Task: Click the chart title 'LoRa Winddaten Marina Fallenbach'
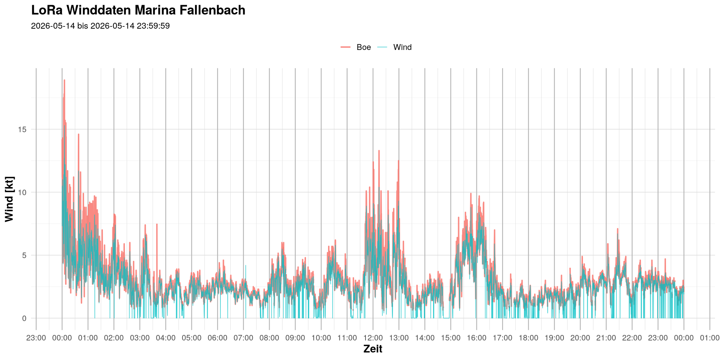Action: coord(138,10)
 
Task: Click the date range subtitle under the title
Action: coord(100,26)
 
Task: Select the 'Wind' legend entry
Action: coord(395,47)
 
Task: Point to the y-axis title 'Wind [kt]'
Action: coord(9,199)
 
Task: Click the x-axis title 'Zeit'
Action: coord(373,349)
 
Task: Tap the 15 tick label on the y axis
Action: coord(22,129)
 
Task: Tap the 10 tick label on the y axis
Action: coord(22,192)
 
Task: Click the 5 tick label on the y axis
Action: coord(24,255)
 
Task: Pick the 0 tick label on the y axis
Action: coord(24,318)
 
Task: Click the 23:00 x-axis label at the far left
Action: coord(36,338)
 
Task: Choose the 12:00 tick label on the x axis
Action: coord(373,338)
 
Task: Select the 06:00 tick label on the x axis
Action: coord(217,338)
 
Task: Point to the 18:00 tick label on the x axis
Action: coord(529,338)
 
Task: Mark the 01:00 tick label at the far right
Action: coord(710,338)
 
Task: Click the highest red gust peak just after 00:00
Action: coord(64,80)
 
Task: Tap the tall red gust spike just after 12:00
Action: coord(379,151)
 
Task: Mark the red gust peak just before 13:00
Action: coord(398,161)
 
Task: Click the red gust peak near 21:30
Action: coord(618,228)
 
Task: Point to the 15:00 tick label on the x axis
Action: coord(451,338)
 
